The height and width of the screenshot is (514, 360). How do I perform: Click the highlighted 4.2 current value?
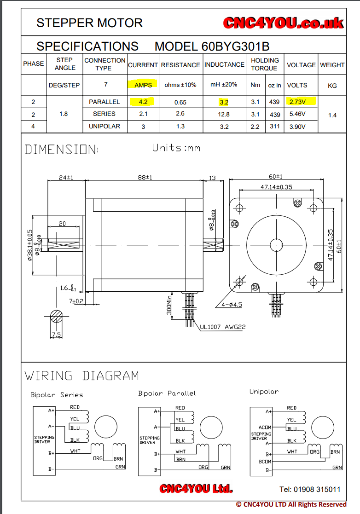[x=143, y=102]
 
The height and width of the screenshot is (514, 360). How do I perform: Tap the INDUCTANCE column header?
[x=224, y=65]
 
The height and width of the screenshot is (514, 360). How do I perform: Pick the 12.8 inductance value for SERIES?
[x=224, y=114]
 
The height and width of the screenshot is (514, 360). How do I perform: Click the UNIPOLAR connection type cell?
[x=104, y=126]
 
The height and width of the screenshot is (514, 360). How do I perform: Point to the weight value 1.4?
[x=332, y=115]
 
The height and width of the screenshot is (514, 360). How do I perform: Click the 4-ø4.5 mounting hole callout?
[x=232, y=304]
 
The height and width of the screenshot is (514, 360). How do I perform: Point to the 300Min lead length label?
[x=169, y=305]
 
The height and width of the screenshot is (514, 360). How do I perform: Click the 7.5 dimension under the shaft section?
[x=56, y=335]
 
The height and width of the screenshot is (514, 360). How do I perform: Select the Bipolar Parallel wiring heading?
[x=167, y=393]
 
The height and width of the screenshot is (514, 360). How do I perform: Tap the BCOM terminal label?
[x=265, y=462]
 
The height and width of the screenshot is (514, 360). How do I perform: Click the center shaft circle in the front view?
[x=276, y=245]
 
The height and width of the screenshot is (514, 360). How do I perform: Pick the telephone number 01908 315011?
[x=310, y=489]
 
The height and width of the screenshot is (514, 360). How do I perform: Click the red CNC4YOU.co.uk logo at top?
[x=284, y=23]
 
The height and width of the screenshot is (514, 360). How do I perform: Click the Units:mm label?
[x=176, y=148]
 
